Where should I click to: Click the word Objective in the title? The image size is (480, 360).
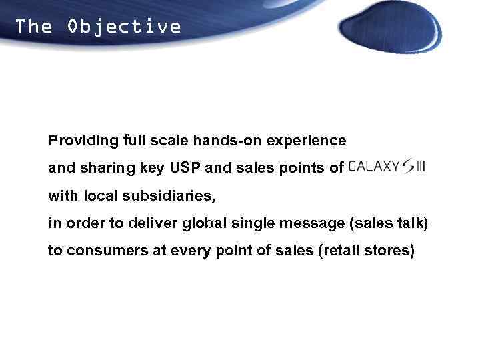click(124, 27)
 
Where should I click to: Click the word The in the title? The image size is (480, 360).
click(33, 27)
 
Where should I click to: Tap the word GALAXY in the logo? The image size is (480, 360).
click(374, 167)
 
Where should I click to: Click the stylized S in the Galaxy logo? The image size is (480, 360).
click(407, 167)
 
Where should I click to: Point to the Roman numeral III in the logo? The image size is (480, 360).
click(420, 167)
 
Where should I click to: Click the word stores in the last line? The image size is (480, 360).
click(393, 251)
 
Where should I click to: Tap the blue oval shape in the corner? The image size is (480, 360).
click(389, 27)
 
